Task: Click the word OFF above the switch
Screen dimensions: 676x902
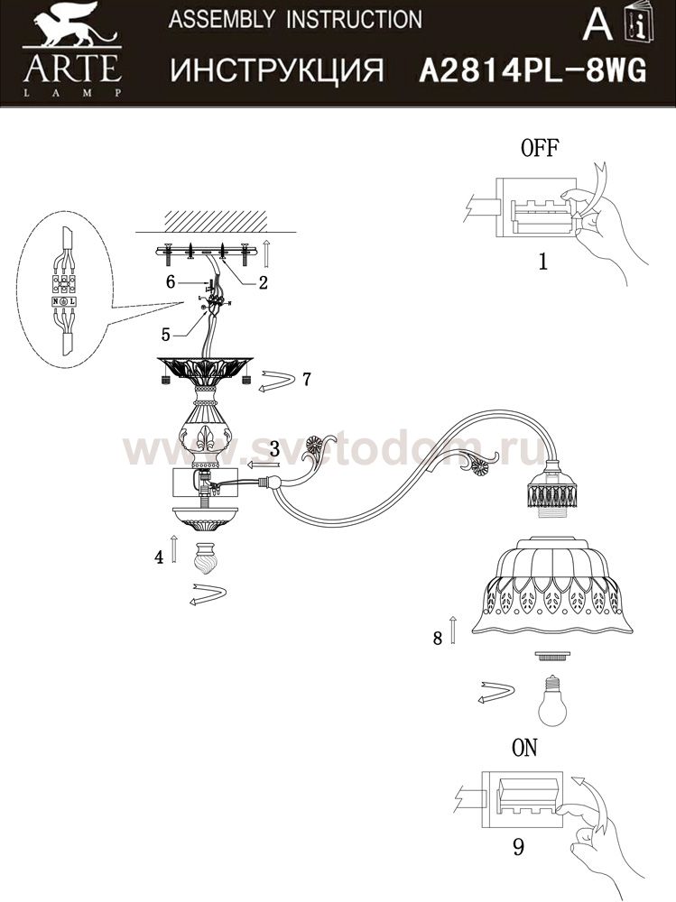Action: point(539,148)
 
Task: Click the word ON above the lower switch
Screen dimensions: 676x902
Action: point(524,747)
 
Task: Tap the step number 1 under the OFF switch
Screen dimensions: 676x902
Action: point(542,262)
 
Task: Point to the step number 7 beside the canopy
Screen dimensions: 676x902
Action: point(306,379)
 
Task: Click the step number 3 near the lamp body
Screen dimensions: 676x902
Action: point(274,448)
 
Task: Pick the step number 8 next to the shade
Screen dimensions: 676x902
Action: point(438,638)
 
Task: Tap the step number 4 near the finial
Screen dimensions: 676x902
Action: point(159,557)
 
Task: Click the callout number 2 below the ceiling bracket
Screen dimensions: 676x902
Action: point(264,282)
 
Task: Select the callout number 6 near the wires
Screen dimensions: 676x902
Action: point(170,281)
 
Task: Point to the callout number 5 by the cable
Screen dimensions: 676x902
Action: point(166,335)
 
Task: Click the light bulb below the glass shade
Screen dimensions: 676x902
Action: point(551,700)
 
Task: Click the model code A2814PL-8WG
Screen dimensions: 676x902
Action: point(532,72)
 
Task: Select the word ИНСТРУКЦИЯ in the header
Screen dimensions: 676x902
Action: point(277,70)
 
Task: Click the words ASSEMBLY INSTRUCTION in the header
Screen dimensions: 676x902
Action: point(295,20)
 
